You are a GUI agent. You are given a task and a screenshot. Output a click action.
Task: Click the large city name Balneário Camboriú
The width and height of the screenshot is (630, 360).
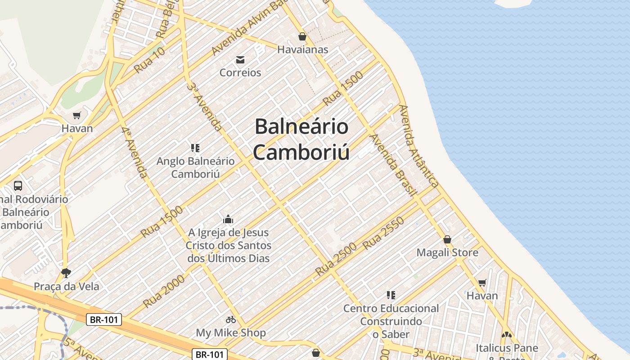click(301, 139)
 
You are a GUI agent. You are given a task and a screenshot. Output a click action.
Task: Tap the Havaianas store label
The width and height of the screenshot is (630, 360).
click(302, 49)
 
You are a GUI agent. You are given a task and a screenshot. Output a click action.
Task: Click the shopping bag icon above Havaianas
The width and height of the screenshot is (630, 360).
click(302, 36)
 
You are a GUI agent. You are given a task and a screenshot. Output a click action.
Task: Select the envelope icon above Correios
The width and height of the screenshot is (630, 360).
click(240, 60)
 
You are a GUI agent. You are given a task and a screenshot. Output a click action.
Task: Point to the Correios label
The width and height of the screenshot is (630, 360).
click(240, 72)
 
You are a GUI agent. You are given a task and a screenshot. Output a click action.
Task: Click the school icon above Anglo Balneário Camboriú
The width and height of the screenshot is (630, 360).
click(195, 148)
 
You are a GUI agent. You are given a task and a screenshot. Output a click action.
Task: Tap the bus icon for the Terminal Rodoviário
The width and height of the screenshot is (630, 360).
click(18, 185)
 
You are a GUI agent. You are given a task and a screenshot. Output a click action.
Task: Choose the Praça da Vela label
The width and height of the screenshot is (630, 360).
click(67, 286)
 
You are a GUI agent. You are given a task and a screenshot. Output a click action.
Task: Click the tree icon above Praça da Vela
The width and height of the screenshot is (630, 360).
click(66, 273)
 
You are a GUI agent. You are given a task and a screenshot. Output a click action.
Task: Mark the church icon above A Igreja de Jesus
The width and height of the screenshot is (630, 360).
click(228, 220)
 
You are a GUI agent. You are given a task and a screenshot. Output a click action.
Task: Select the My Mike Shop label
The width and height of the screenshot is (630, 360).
click(231, 333)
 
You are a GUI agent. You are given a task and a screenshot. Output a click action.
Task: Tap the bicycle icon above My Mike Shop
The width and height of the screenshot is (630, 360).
click(231, 319)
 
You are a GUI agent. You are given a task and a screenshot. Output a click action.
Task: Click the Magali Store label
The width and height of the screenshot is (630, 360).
click(447, 252)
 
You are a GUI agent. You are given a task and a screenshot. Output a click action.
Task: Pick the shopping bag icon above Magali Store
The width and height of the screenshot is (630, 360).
click(447, 239)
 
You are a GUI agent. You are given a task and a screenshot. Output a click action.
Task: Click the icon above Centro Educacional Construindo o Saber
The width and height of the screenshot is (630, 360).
click(391, 295)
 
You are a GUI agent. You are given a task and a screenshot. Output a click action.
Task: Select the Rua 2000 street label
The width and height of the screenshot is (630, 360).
click(164, 291)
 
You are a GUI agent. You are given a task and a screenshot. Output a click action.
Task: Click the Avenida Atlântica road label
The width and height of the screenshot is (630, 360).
click(418, 146)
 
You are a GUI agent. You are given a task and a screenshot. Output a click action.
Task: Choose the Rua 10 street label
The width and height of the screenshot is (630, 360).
click(149, 60)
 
